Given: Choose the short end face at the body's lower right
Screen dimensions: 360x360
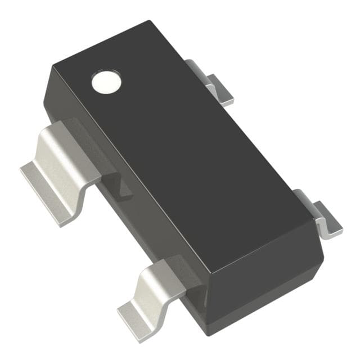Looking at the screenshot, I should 264,281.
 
